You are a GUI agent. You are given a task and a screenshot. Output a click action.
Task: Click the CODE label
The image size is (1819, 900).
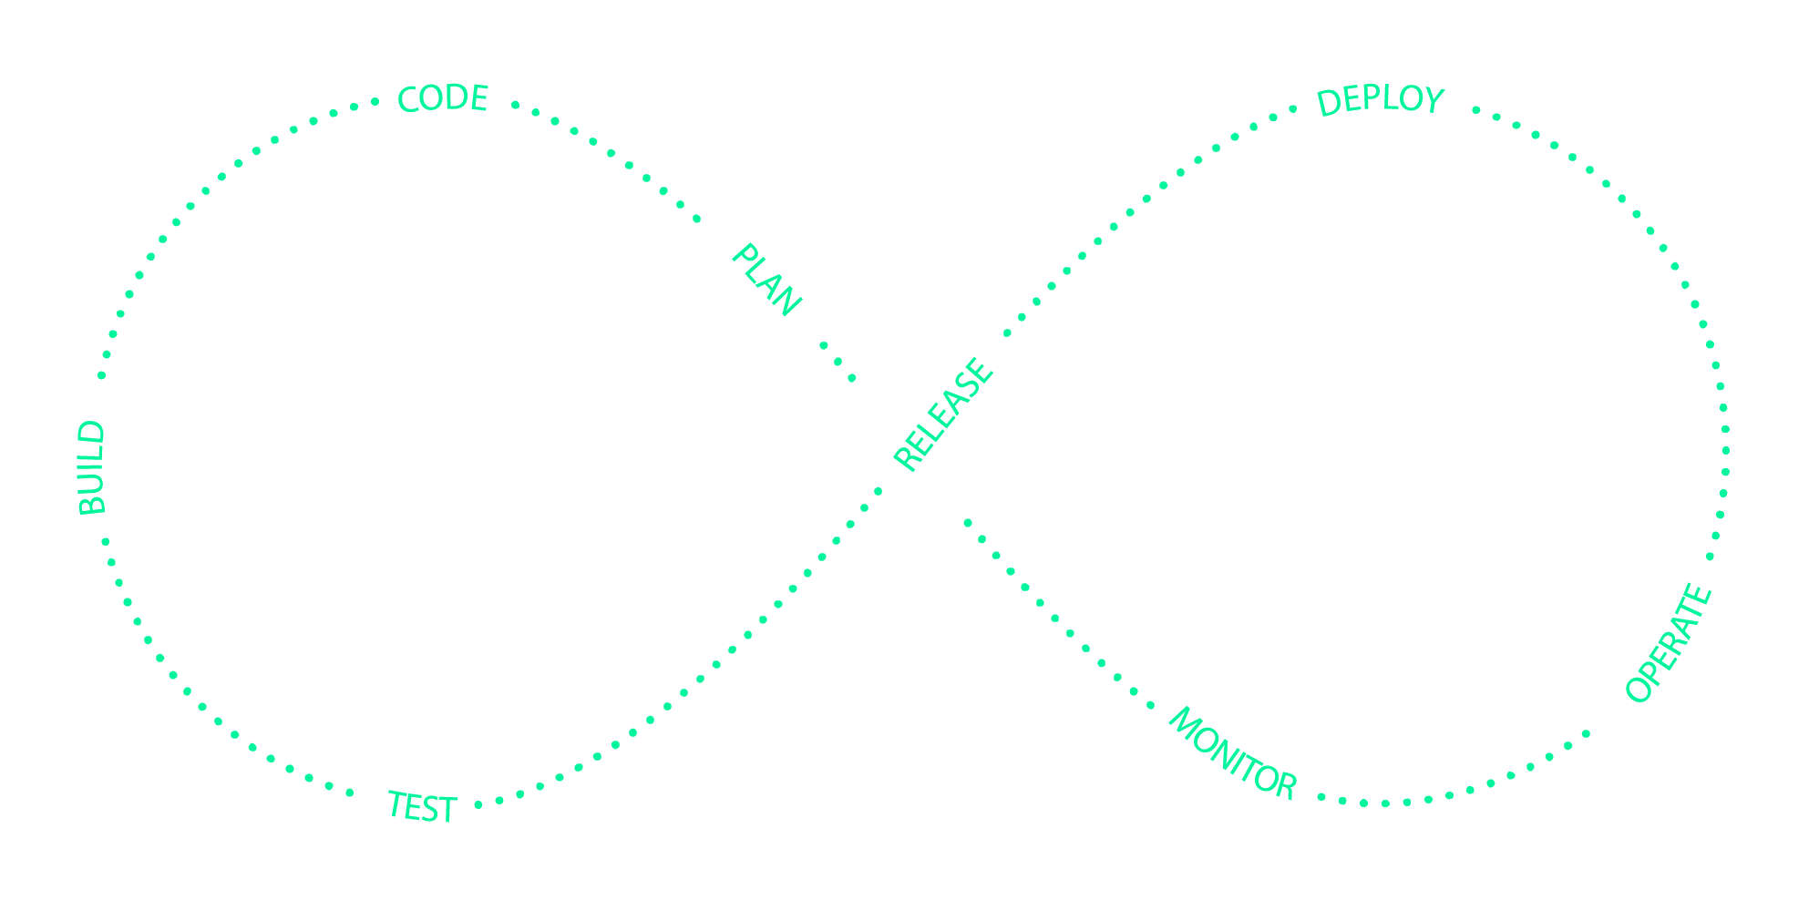pos(443,98)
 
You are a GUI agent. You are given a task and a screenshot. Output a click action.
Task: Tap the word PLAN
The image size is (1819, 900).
pos(766,280)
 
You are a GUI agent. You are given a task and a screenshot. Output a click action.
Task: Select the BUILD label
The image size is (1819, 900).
pos(92,468)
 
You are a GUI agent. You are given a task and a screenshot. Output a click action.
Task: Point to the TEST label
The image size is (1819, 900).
pos(421,807)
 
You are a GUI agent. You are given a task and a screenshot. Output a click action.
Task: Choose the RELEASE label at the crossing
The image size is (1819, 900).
pos(943,414)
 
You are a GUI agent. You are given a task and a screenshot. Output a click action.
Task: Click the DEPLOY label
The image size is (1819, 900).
pos(1381,100)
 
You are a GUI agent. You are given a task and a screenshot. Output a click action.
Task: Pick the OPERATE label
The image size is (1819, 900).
pos(1670,643)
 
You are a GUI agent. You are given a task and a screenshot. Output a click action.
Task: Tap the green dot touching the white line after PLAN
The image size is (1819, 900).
pos(852,377)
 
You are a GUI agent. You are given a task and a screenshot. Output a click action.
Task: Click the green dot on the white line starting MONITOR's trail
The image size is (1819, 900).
pos(968,523)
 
